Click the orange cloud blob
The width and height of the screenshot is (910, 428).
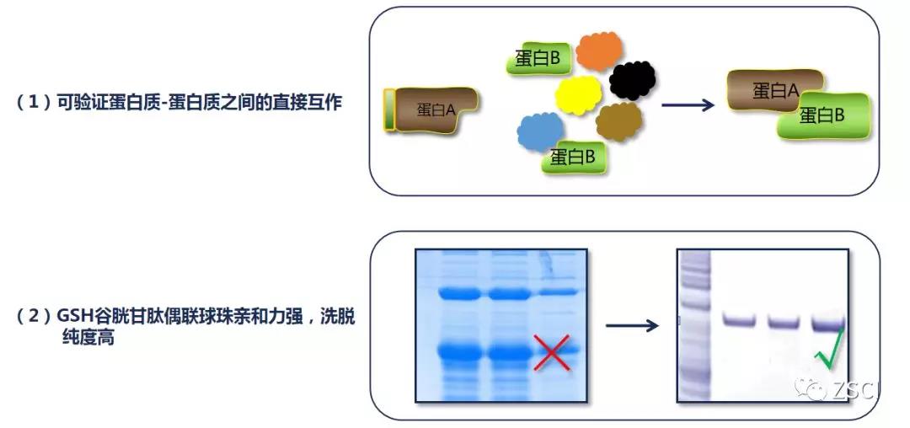click(x=599, y=51)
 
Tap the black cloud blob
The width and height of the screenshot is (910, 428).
click(x=632, y=81)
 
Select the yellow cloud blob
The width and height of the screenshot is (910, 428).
click(x=578, y=94)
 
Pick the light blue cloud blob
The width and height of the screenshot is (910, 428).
click(x=540, y=131)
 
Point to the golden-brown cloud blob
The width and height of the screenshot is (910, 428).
click(x=619, y=122)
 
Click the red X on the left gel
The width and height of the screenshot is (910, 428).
click(x=551, y=351)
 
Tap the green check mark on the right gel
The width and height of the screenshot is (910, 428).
click(x=829, y=348)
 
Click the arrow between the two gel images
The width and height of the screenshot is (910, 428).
click(x=631, y=325)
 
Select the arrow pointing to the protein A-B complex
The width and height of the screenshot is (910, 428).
click(x=688, y=105)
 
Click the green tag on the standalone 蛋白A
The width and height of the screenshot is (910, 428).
click(x=389, y=110)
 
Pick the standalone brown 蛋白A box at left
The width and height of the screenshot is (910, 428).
click(x=431, y=110)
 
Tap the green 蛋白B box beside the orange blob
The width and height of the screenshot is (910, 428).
click(x=540, y=58)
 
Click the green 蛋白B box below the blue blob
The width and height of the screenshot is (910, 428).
click(x=575, y=157)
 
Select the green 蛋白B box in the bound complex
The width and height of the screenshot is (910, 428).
click(x=824, y=116)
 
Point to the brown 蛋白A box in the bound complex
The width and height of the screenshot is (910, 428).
click(x=775, y=91)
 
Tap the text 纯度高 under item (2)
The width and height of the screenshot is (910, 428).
click(x=88, y=338)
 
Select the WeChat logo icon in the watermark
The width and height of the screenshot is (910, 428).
click(x=811, y=388)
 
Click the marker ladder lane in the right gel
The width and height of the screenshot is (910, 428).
click(x=694, y=325)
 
